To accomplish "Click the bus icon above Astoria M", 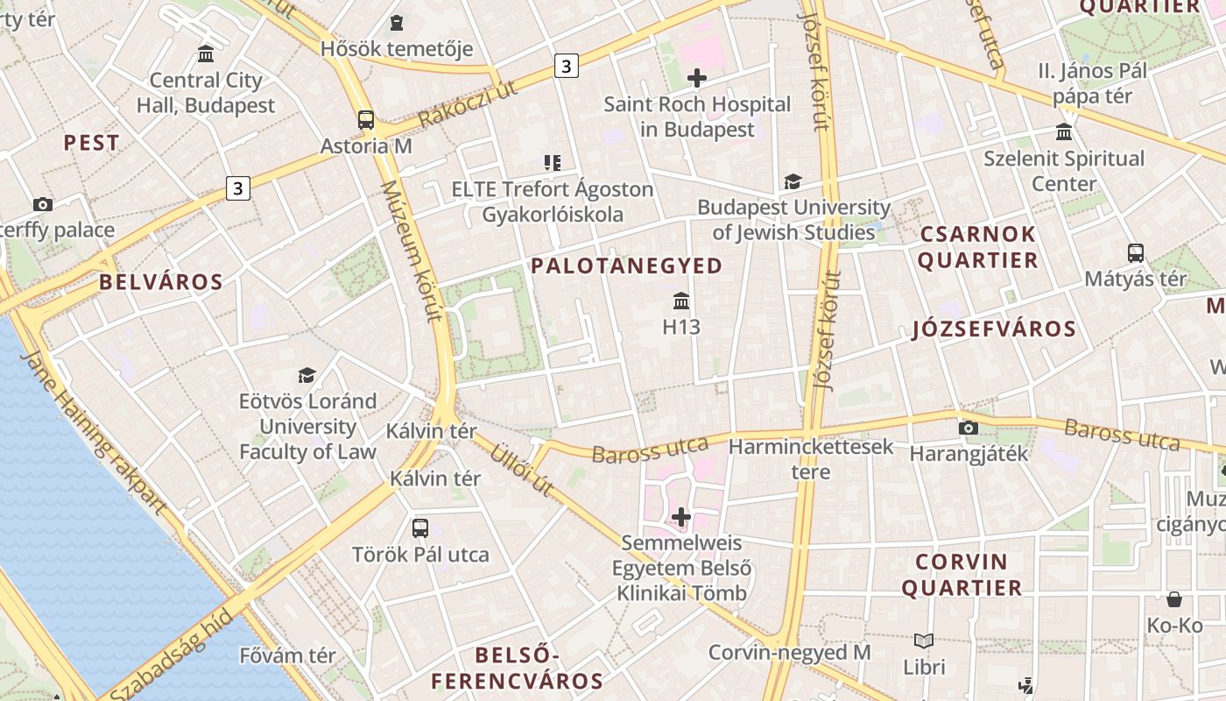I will pyautogui.click(x=366, y=120).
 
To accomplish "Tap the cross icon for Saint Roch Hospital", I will pyautogui.click(x=697, y=78).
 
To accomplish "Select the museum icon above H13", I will pyautogui.click(x=681, y=301).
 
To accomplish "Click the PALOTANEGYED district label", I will pyautogui.click(x=627, y=266).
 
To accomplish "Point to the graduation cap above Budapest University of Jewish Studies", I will pyautogui.click(x=793, y=181).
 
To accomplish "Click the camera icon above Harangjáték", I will pyautogui.click(x=968, y=428).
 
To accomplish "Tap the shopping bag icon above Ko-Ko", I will pyautogui.click(x=1174, y=599).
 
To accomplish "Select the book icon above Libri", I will pyautogui.click(x=924, y=641).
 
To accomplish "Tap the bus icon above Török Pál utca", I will pyautogui.click(x=420, y=528).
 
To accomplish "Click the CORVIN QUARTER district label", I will pyautogui.click(x=962, y=575).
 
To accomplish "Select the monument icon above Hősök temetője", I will pyautogui.click(x=397, y=23).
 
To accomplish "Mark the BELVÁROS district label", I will pyautogui.click(x=161, y=282).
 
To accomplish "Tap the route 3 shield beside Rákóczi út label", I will pyautogui.click(x=567, y=66).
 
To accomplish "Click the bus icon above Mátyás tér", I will pyautogui.click(x=1136, y=253).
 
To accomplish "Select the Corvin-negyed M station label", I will pyautogui.click(x=789, y=653).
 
